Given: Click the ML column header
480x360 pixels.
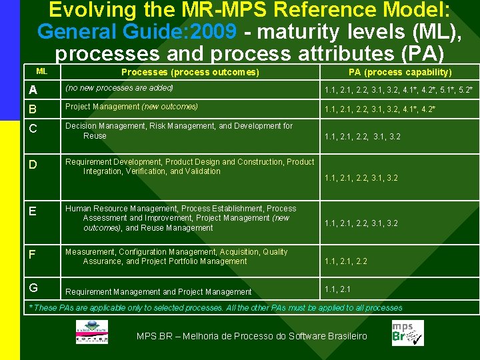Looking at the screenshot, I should pyautogui.click(x=41, y=71).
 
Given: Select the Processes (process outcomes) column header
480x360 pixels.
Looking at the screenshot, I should pyautogui.click(x=190, y=72).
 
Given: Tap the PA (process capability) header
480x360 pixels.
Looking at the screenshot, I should pyautogui.click(x=400, y=72).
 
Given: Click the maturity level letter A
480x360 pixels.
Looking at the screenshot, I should pyautogui.click(x=32, y=89).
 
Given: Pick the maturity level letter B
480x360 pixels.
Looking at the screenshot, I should pyautogui.click(x=32, y=107).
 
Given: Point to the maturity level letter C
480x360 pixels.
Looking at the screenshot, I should pyautogui.click(x=32, y=127).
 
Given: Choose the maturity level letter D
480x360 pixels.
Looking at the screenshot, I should pyautogui.click(x=32, y=163).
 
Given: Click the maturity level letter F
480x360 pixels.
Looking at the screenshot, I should pyautogui.click(x=32, y=253).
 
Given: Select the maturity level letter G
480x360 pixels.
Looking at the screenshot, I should pyautogui.click(x=33, y=288).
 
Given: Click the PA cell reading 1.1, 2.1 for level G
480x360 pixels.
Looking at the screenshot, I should pyautogui.click(x=337, y=289).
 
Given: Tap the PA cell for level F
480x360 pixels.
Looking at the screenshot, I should pyautogui.click(x=345, y=261).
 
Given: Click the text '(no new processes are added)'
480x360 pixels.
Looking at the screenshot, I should pyautogui.click(x=119, y=88).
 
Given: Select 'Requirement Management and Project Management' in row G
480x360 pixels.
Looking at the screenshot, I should pyautogui.click(x=159, y=292).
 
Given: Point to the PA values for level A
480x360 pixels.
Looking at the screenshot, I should pyautogui.click(x=399, y=89).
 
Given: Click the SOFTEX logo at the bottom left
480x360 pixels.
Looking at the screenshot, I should pyautogui.click(x=91, y=332).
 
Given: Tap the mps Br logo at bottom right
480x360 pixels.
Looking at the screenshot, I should pyautogui.click(x=407, y=333).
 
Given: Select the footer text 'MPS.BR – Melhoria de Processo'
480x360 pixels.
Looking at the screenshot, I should pyautogui.click(x=251, y=336).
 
